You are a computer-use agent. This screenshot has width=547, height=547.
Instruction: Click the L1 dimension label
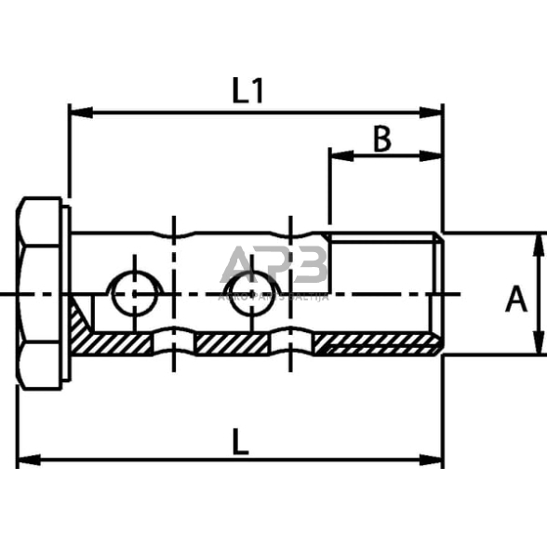tap(248, 90)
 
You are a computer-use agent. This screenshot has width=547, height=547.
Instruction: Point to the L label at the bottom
tap(240, 443)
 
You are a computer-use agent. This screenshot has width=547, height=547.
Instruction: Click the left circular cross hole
tap(136, 295)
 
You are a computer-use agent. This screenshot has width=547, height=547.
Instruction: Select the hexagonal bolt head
tap(41, 294)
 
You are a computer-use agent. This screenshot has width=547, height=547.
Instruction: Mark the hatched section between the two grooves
tap(233, 344)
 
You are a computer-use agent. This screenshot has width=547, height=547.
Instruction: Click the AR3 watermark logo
tap(275, 268)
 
